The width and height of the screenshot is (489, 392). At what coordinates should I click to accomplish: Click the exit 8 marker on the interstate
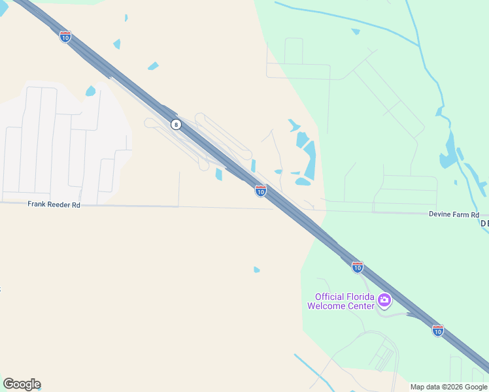click(x=175, y=124)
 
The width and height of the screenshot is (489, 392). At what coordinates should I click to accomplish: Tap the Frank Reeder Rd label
click(x=54, y=204)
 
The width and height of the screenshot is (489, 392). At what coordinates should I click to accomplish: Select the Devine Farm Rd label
click(x=454, y=214)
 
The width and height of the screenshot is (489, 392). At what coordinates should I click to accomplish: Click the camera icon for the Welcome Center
click(x=384, y=301)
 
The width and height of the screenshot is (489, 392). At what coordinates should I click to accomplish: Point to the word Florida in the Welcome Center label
click(x=359, y=297)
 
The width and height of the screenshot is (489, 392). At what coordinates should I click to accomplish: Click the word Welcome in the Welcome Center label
click(x=332, y=306)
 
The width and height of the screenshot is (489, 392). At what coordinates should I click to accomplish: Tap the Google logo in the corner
click(x=22, y=384)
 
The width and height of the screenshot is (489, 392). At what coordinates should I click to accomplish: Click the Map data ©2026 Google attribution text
click(x=448, y=387)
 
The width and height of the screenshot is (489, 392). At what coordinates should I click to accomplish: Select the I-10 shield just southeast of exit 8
click(x=260, y=191)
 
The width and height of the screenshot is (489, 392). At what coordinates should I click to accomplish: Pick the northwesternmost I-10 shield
click(x=65, y=37)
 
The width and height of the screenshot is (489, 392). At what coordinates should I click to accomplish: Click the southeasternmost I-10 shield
click(x=437, y=331)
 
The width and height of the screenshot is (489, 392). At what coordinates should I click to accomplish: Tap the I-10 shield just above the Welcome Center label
click(x=357, y=267)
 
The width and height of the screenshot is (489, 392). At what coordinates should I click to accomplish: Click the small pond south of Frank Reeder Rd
click(x=256, y=269)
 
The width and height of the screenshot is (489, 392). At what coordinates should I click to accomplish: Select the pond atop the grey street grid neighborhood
click(x=90, y=91)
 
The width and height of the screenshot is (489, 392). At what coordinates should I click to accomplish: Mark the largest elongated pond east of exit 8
click(x=309, y=160)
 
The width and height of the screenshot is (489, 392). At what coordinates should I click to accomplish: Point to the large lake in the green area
click(x=449, y=152)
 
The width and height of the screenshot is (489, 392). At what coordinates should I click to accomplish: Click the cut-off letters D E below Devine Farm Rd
click(x=484, y=223)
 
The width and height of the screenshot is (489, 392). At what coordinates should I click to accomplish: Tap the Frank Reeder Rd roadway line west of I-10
click(x=131, y=206)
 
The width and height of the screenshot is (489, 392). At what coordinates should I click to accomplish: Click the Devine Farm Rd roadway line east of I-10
click(x=392, y=212)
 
